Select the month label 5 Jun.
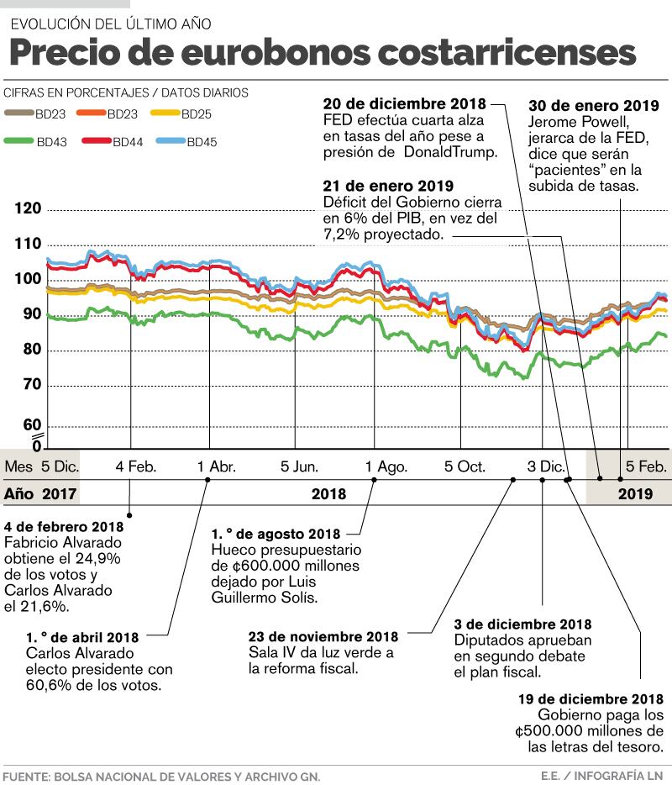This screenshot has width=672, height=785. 299,466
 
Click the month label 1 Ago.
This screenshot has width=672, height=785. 386,466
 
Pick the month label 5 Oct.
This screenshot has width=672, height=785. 465,466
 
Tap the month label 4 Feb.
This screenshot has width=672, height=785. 136,466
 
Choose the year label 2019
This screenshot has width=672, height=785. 635,494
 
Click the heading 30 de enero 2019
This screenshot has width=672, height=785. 593,106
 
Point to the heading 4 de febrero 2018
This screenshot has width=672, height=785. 64,527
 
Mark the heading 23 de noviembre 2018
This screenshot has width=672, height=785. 323,637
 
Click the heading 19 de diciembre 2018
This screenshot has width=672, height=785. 591,699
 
